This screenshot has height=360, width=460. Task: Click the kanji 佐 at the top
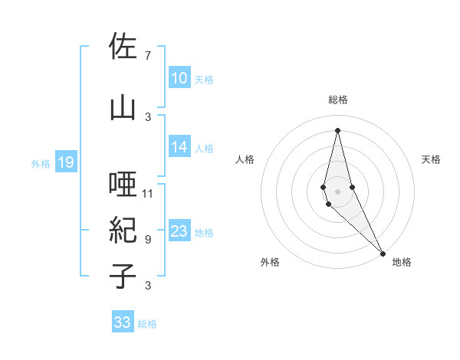[123, 46]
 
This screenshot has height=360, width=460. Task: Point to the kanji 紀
[123, 231]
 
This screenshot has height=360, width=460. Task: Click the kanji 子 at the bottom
[123, 277]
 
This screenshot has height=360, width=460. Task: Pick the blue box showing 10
[179, 78]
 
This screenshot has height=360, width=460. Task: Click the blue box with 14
[179, 148]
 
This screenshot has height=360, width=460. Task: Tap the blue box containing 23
[179, 232]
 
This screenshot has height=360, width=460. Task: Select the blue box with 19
[66, 162]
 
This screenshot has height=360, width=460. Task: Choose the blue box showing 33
[123, 322]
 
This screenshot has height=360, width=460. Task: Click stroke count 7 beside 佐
[147, 55]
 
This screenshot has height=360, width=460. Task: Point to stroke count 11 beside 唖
[148, 193]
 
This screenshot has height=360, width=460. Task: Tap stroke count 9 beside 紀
[147, 239]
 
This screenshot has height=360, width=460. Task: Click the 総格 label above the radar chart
[338, 100]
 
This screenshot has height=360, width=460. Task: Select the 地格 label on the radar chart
[402, 262]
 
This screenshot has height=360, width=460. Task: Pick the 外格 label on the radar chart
[270, 262]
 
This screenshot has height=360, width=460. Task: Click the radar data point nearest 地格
[383, 253]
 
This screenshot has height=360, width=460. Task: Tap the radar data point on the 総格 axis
[338, 129]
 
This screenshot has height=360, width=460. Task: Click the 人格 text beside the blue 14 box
[204, 149]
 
